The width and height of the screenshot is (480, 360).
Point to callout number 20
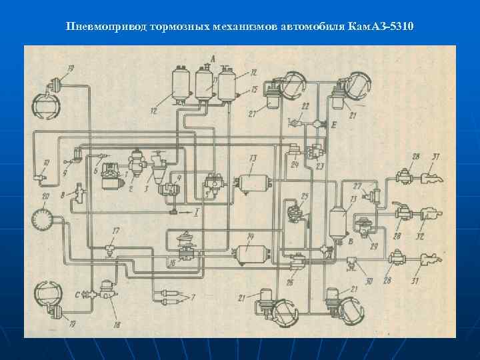click(x=45, y=197)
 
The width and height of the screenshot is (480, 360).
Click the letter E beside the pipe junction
click(x=333, y=125)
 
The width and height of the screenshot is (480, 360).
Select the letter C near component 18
click(x=77, y=294)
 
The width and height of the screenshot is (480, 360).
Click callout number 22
click(x=305, y=107)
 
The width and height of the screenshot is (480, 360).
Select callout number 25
click(x=304, y=197)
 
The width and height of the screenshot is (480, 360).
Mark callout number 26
click(x=289, y=283)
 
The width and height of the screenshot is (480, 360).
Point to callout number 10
click(x=45, y=163)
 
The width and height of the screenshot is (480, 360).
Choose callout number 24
click(x=294, y=165)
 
